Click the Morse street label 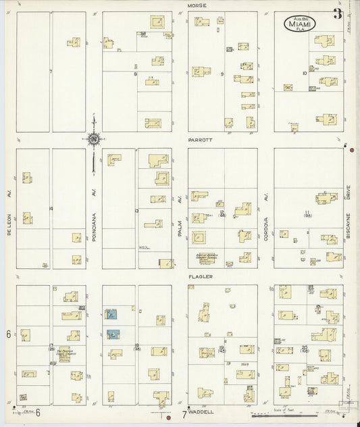(197, 5)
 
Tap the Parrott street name (197, 141)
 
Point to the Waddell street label (201, 411)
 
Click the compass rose (93, 140)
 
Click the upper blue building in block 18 (111, 314)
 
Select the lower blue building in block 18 (112, 334)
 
